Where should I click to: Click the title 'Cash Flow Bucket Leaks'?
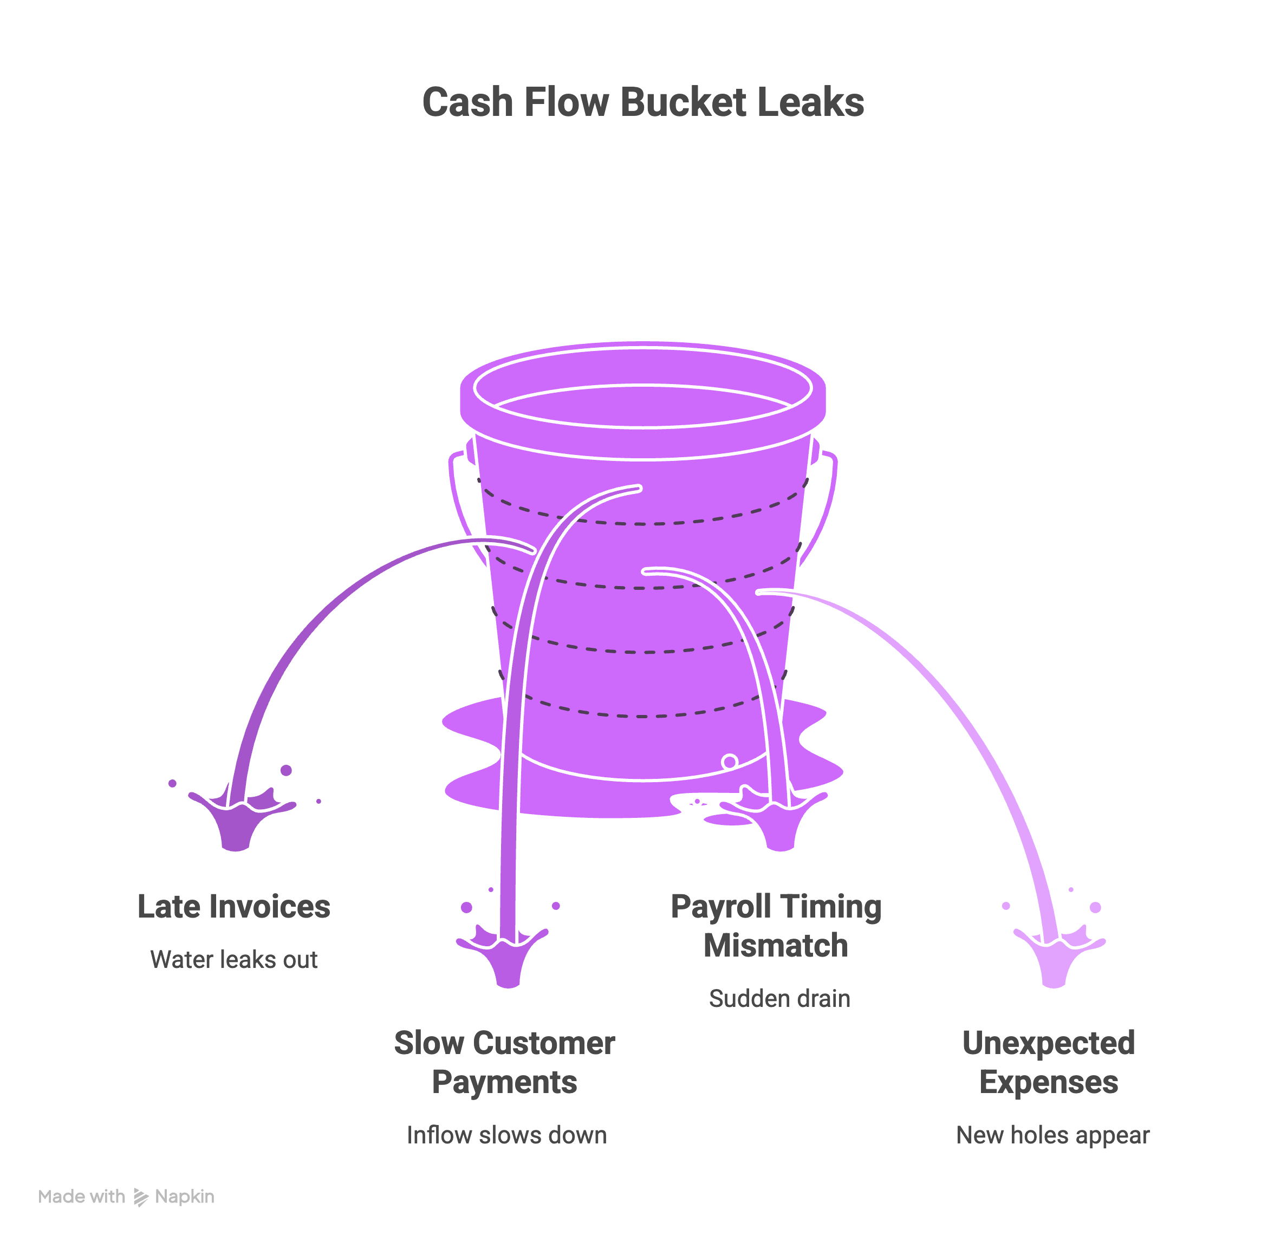point(643,102)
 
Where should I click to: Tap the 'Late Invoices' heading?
point(234,907)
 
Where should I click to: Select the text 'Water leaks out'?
point(234,960)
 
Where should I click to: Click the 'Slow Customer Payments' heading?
point(504,1062)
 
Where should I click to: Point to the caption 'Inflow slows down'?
point(506,1135)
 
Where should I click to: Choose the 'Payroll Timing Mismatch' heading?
point(776,926)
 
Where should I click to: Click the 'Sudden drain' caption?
point(779,998)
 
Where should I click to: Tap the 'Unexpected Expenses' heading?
point(1049,1062)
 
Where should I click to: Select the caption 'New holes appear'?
point(1052,1135)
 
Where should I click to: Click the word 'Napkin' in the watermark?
point(185,1197)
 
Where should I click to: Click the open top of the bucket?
point(643,405)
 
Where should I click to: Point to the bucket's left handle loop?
point(460,499)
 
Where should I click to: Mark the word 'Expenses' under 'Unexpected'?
point(1049,1082)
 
